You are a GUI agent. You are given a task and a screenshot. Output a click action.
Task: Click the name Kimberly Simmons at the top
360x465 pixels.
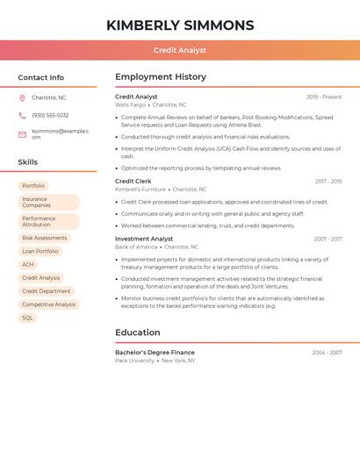pos(180,25)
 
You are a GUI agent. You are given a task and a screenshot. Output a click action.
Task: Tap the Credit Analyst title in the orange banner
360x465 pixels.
pos(180,51)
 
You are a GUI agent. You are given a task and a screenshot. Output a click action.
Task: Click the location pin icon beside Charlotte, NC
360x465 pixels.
pos(22,98)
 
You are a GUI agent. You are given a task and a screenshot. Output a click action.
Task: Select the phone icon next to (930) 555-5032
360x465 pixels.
pos(22,116)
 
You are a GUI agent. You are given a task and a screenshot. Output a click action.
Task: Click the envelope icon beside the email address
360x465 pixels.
pos(22,134)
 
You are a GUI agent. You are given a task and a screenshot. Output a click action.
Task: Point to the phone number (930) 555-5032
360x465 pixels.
pos(50,116)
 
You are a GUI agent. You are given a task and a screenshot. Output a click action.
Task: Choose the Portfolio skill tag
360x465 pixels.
pos(33,186)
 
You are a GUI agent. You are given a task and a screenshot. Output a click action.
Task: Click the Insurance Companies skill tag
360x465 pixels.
pos(48,203)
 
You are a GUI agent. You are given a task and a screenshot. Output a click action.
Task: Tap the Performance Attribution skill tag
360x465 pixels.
pos(48,222)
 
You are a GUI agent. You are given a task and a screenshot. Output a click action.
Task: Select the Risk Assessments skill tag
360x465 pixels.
pos(44,238)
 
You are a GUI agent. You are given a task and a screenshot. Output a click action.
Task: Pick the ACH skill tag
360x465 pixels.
pos(28,264)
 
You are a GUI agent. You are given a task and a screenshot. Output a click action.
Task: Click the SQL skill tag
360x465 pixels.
pos(27,318)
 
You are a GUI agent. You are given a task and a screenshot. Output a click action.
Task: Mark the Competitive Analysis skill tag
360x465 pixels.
pos(48,304)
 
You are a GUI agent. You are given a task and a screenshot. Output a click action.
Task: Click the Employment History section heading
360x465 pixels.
pos(161,77)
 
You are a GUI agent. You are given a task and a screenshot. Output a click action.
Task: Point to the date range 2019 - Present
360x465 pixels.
pos(324,97)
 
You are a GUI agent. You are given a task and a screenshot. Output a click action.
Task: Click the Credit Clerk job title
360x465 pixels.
pos(133,182)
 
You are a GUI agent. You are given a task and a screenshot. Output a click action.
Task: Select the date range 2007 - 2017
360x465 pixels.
pos(328,240)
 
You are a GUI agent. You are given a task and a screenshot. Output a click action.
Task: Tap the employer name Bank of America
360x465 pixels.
pos(136,247)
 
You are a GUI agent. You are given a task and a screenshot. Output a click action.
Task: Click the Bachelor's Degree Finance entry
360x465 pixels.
pos(155,353)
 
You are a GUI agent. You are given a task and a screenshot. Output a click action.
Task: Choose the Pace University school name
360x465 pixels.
pos(134,361)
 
